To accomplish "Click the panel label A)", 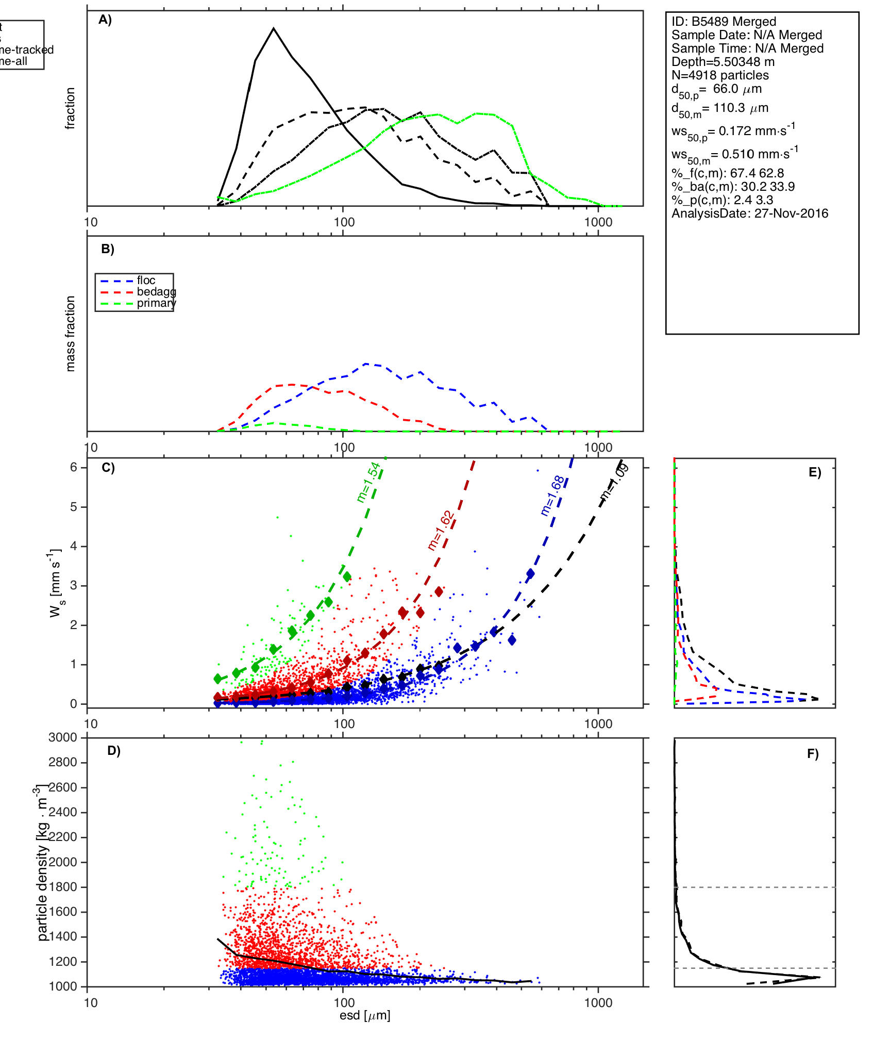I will coord(105,20).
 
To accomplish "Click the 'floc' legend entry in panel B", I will coord(146,281).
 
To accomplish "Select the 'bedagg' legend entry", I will coord(156,292).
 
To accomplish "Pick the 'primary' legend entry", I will coord(156,303).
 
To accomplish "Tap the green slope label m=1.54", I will coord(368,482).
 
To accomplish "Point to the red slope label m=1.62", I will coord(441,530).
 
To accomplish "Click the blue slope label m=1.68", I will coord(553,496).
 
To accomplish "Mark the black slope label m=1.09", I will coord(614,482).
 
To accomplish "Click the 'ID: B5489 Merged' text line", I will coord(724,22).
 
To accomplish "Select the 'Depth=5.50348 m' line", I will coord(723,62).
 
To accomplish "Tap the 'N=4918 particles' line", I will coord(720,75).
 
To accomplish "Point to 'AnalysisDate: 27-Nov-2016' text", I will coord(750,213).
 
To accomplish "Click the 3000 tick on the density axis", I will coord(62,737).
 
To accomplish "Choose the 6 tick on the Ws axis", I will coord(74,467).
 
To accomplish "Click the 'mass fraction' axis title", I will coord(71,334).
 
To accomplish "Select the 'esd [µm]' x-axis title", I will coord(365,1015).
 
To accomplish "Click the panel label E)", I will coord(815,473).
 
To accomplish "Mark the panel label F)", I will coord(813,754).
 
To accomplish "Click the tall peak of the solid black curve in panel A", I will coord(274,29).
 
